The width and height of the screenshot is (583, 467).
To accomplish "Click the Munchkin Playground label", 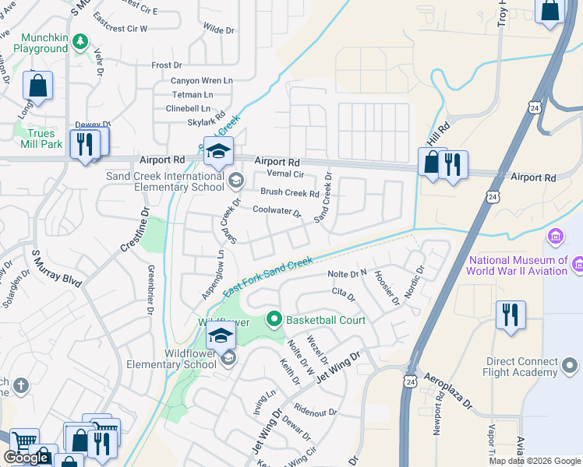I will coord(34,42).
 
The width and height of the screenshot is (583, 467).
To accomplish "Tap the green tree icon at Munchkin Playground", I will coord(79,40).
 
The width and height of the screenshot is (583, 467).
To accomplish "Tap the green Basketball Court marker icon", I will coord(274,319).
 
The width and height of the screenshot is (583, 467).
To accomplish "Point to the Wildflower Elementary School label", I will coord(168,358).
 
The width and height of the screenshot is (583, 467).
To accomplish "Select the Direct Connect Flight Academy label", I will coord(521,367).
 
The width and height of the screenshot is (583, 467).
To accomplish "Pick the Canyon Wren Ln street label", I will coord(202,80).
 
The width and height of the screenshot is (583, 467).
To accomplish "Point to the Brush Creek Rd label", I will coord(289,192).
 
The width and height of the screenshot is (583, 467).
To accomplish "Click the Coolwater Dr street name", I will coord(276,210).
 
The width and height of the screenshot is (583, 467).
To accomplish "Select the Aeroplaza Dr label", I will coord(447,391).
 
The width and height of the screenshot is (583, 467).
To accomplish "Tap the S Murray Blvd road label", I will coord(56,269).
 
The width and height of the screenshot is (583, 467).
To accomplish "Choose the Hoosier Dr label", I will coord(387,287).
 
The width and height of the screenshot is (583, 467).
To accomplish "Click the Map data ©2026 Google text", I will coord(533,461).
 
